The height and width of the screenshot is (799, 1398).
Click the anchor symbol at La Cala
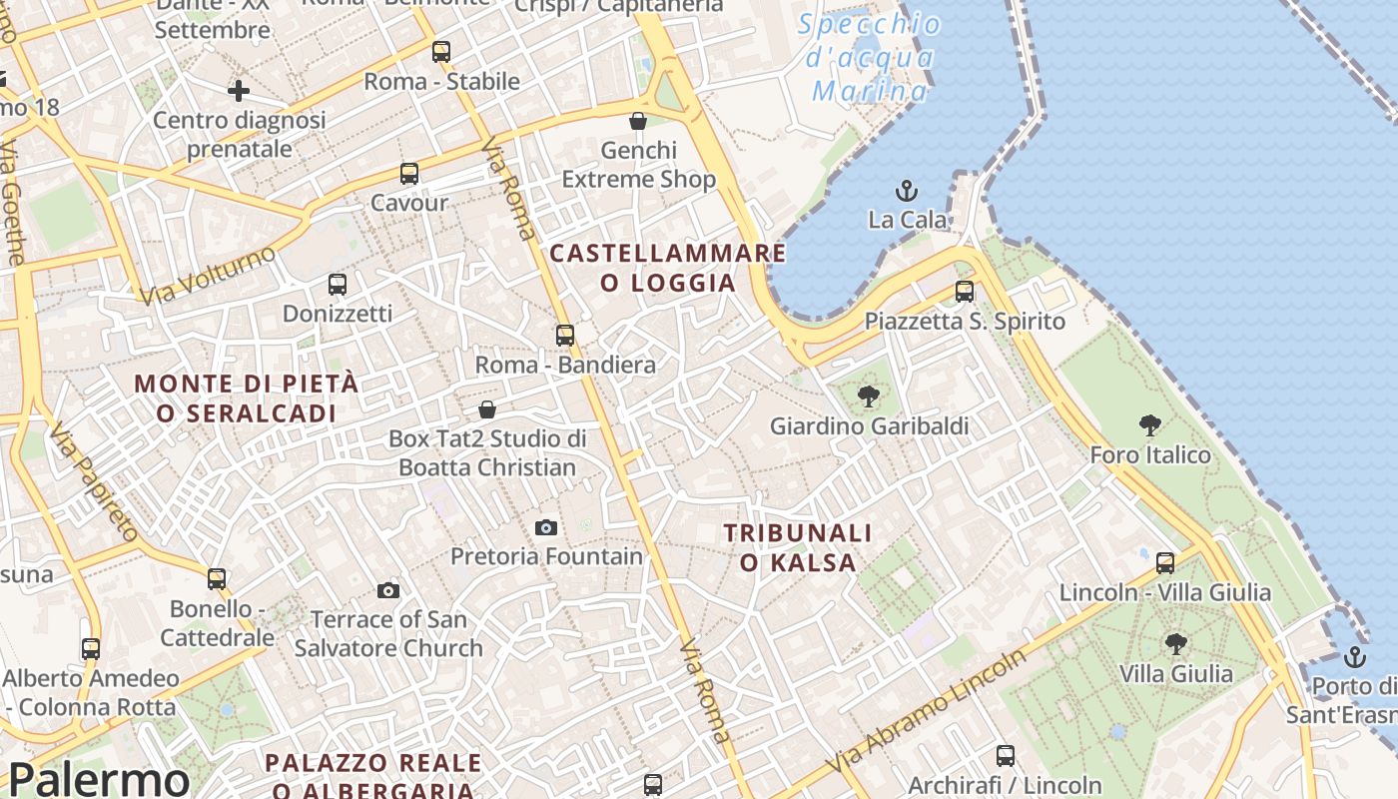907,190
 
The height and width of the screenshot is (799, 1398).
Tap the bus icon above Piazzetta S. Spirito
964,292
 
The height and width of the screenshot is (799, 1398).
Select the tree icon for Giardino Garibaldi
868,397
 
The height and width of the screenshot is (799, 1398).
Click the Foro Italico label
1149,455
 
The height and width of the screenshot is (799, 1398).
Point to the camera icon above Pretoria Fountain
545,527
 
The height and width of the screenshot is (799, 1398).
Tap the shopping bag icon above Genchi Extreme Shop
637,122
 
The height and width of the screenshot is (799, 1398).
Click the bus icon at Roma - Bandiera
565,336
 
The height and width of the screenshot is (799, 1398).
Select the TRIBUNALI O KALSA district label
798,547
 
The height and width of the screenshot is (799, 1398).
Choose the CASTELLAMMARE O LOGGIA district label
668,268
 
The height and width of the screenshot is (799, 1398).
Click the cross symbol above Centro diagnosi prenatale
238,92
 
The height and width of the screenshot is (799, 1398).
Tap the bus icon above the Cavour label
408,174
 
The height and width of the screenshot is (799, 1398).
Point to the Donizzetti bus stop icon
338,285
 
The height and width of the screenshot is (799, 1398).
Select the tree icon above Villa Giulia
1175,643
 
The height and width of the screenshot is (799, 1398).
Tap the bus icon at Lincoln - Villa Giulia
1164,563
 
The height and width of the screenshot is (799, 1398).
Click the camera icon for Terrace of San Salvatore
388,591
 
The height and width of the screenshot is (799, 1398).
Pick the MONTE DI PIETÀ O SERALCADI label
246,398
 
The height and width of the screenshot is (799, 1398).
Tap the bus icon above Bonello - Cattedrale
217,579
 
